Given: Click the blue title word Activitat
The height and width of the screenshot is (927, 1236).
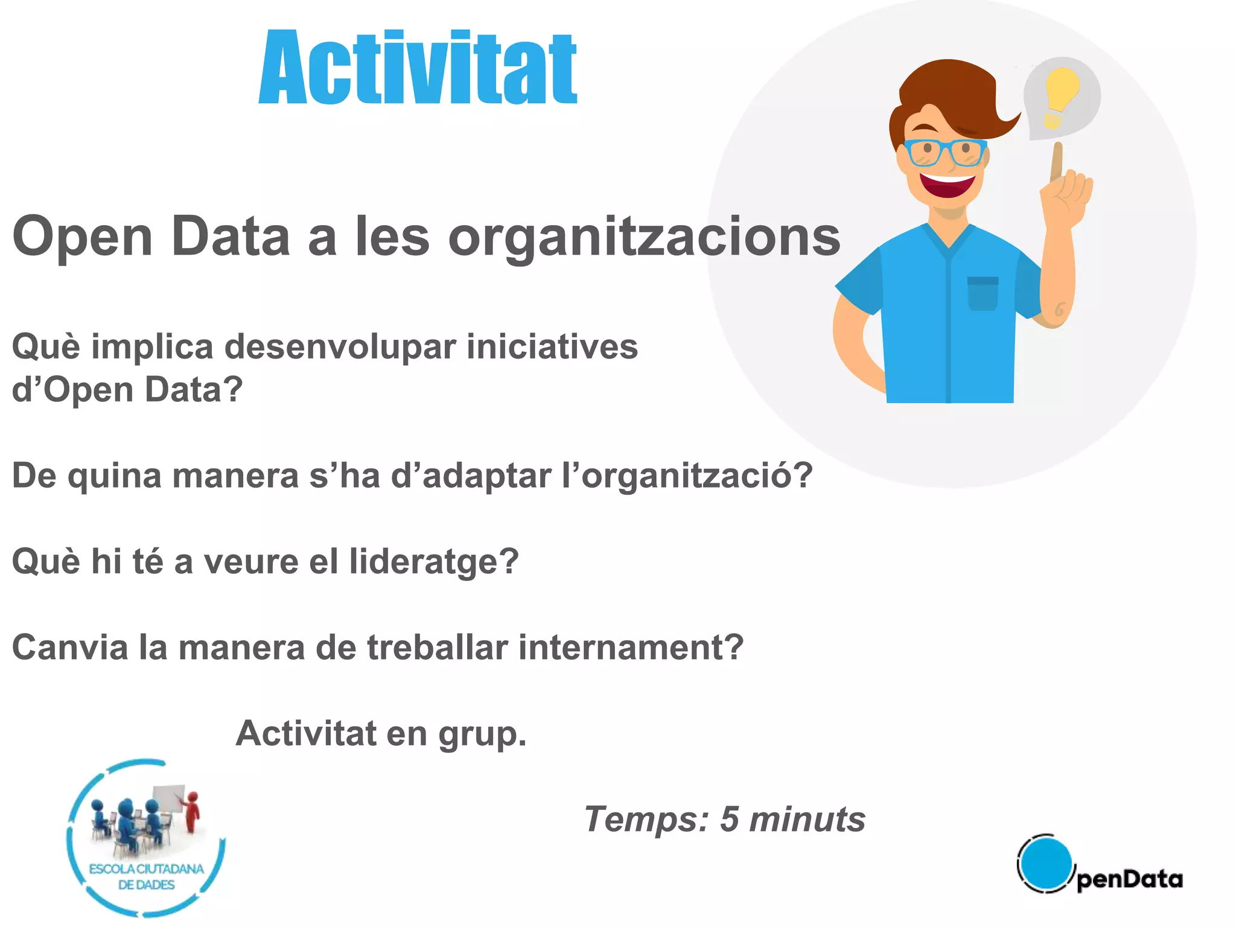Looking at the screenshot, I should pos(418,68).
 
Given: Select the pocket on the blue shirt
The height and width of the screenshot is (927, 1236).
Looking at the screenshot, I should pos(983,293).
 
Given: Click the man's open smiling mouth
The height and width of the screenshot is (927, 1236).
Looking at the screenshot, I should pos(947,184).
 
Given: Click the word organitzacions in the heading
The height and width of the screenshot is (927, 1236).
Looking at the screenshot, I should pos(644,237).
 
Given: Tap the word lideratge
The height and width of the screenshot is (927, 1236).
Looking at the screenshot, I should pos(434,562).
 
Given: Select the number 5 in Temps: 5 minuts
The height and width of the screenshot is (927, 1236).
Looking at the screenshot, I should pos(729,820).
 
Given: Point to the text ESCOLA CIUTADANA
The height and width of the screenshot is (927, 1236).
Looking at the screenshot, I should pos(147,869).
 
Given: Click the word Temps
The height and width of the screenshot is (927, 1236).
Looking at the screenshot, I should pos(646,820).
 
